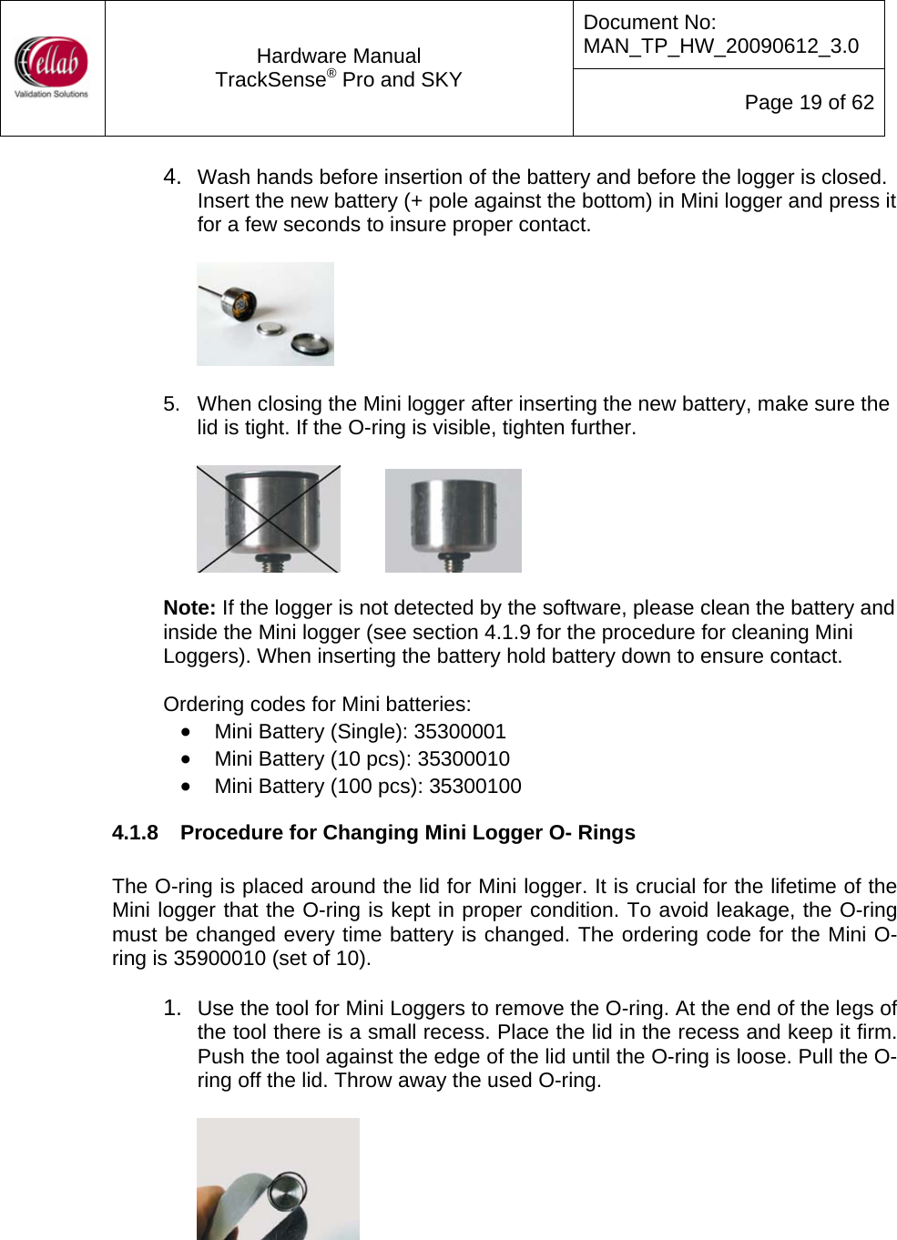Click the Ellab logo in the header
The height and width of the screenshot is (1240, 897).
52,66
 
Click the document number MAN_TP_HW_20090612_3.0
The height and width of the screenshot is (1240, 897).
720,46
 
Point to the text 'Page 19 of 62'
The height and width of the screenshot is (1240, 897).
809,103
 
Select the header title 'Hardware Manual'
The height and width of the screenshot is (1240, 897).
339,56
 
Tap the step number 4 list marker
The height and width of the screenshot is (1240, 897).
171,177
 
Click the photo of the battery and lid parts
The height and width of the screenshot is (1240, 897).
265,314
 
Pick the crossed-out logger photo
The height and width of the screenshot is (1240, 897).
269,519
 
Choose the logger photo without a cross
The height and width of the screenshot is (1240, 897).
453,521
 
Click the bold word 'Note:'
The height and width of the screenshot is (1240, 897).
189,608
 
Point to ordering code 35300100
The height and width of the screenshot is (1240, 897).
474,787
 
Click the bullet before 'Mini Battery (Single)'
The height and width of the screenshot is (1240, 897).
186,732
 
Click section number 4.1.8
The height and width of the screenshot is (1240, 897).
135,833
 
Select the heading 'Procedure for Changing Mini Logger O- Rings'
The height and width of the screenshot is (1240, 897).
407,833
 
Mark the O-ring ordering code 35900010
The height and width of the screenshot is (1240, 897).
219,959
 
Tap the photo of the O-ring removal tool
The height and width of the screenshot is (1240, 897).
278,1178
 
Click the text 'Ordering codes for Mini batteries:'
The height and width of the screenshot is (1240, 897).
317,705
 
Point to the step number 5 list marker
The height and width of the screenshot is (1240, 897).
171,404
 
